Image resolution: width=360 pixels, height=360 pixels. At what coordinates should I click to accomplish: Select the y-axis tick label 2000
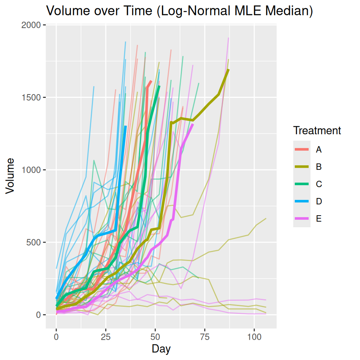pyautogui.click(x=33, y=25)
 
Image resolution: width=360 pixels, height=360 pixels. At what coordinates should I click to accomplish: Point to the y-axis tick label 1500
pyautogui.click(x=33, y=97)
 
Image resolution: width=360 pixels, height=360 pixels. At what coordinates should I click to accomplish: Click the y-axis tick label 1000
pyautogui.click(x=33, y=170)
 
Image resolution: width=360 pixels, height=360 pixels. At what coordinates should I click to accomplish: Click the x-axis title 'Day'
pyautogui.click(x=161, y=349)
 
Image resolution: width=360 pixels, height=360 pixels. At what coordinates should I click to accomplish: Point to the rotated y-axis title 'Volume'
pyautogui.click(x=10, y=175)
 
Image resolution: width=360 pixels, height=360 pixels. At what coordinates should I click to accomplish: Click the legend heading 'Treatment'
pyautogui.click(x=317, y=130)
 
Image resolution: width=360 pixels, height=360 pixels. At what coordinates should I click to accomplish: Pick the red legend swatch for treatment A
pyautogui.click(x=302, y=150)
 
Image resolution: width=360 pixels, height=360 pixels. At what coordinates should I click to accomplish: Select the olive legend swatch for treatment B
pyautogui.click(x=302, y=167)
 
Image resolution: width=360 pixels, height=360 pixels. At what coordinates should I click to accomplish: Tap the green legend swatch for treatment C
pyautogui.click(x=302, y=184)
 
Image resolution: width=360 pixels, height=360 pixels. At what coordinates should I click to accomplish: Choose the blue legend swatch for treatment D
pyautogui.click(x=302, y=201)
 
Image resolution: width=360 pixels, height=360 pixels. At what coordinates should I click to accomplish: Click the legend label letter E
pyautogui.click(x=319, y=219)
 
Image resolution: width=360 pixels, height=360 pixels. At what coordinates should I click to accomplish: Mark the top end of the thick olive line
pyautogui.click(x=228, y=70)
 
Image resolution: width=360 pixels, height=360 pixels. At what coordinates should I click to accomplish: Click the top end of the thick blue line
pyautogui.click(x=126, y=127)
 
